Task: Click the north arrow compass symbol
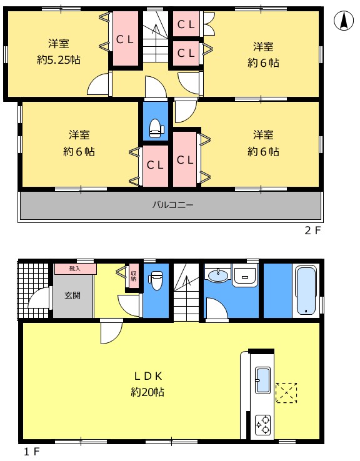point(344,21)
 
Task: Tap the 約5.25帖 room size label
point(59,60)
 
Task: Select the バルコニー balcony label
point(173,205)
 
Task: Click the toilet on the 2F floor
point(157,129)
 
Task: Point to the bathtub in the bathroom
point(306,290)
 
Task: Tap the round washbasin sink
point(217,275)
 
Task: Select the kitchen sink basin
point(262,380)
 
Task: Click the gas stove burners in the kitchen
point(262,425)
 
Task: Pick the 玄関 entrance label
point(72,295)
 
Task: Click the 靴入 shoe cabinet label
point(75,269)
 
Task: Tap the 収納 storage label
point(134,275)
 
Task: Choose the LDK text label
point(148,376)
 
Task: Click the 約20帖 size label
point(147,392)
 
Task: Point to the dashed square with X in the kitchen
point(286,393)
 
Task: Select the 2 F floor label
point(312,230)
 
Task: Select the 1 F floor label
point(32,451)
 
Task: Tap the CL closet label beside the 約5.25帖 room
point(125,39)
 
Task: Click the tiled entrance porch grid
point(32,290)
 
